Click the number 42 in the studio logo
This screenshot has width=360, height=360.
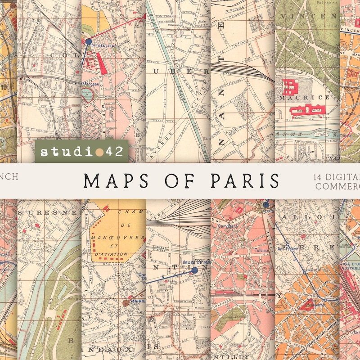pyautogui.click(x=113, y=151)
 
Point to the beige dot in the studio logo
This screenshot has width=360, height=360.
pyautogui.click(x=99, y=152)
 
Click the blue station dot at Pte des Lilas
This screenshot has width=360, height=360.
pyautogui.click(x=88, y=41)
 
